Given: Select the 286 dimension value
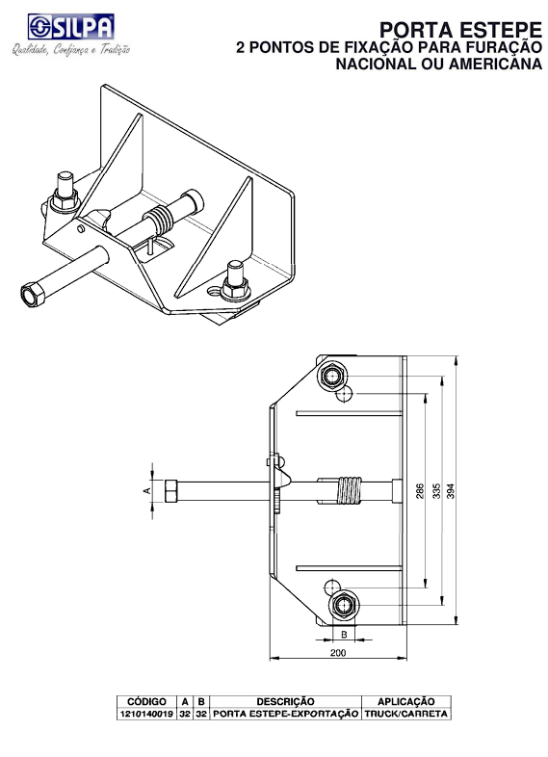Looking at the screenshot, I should [x=420, y=490].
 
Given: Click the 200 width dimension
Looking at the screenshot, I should [x=336, y=652].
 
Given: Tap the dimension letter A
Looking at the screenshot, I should [x=146, y=490].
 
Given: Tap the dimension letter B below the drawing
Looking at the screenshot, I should [x=343, y=635].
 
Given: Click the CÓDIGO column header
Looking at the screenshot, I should [x=146, y=702].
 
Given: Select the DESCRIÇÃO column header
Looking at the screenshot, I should [x=285, y=702].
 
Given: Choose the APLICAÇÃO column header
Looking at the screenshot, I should [x=404, y=702].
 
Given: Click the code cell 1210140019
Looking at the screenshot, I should [x=146, y=715].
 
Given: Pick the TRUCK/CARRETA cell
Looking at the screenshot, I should [x=404, y=715].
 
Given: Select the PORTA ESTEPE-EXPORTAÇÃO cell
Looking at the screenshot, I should [x=285, y=715].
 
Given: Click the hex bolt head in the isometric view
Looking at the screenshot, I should [x=32, y=293].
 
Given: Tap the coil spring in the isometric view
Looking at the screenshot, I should [x=161, y=221].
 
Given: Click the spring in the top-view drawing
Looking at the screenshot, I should [x=349, y=490].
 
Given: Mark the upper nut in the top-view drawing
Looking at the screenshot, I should [x=336, y=375].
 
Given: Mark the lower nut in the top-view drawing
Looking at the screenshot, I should [x=344, y=605].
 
